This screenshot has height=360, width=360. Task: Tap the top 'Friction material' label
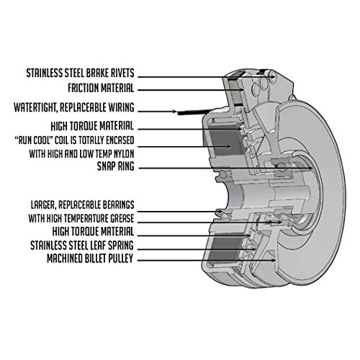[91, 89]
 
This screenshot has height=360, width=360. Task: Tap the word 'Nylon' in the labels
[120, 153]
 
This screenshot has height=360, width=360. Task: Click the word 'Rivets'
[120, 74]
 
